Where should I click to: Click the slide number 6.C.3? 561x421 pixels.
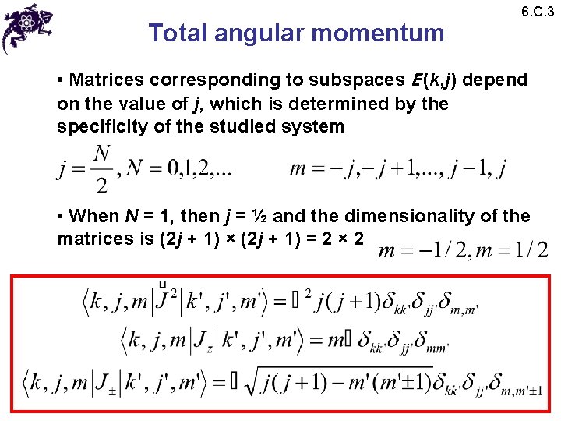[x=537, y=12]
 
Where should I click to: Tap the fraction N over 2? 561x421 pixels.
[x=101, y=169]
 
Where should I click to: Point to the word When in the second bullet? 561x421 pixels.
[x=92, y=216]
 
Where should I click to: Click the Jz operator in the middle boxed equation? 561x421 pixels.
[x=202, y=341]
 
